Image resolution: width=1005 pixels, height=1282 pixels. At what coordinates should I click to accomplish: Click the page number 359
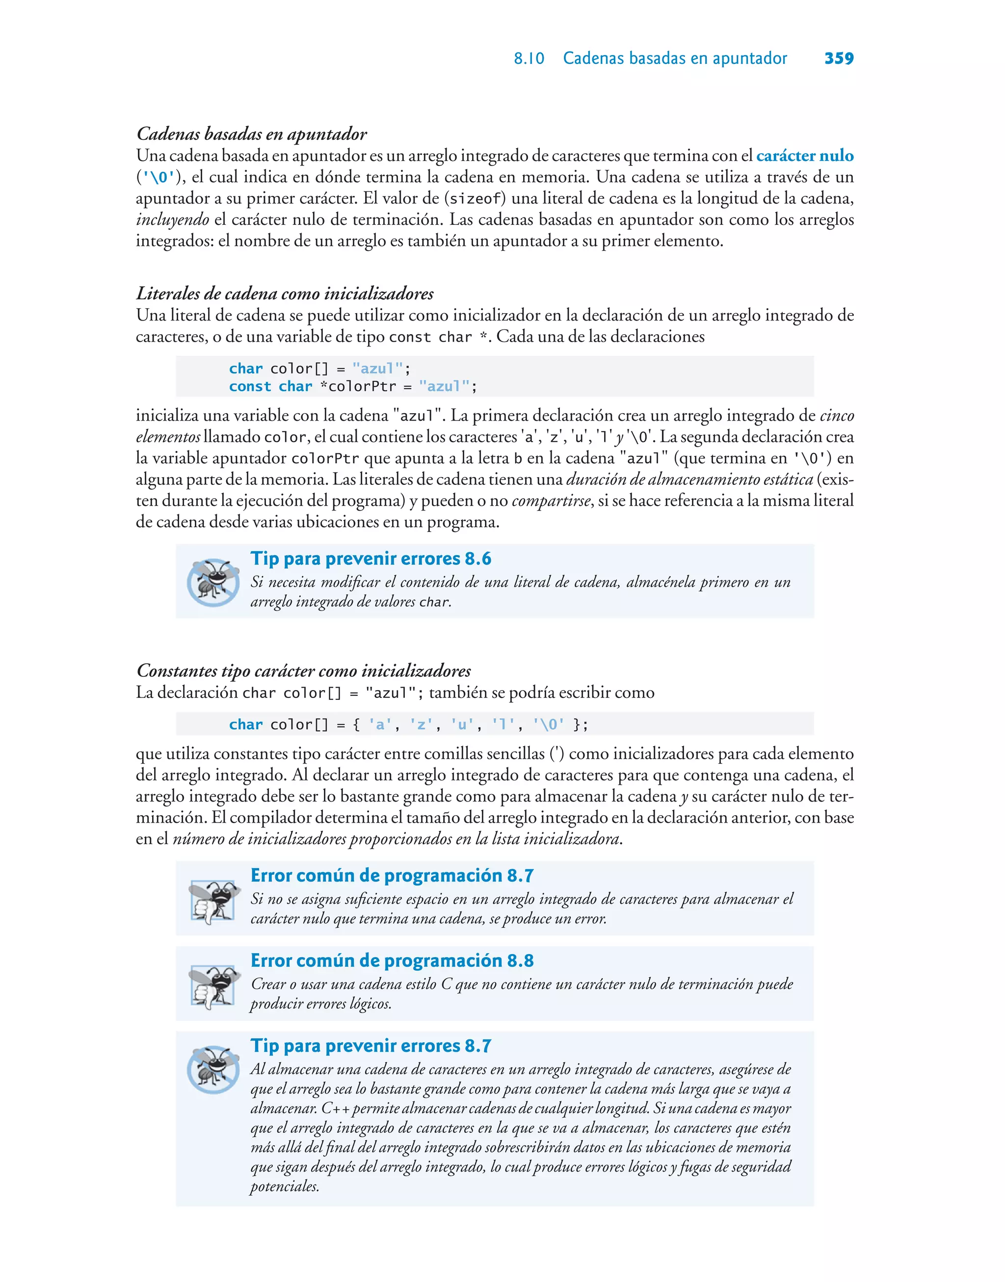[839, 58]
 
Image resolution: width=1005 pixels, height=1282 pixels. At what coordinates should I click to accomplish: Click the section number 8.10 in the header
[529, 59]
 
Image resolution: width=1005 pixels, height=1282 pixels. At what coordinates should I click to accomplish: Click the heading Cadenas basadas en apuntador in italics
[252, 134]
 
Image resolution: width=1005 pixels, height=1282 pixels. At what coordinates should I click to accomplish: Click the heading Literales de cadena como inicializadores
[285, 294]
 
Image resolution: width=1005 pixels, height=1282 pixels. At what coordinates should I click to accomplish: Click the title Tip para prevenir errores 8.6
[370, 559]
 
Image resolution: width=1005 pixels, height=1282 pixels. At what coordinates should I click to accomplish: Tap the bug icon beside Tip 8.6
[212, 582]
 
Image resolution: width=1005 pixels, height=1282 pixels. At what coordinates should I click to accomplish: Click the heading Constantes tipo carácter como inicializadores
[304, 671]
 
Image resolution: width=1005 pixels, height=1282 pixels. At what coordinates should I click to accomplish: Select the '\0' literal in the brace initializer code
[549, 725]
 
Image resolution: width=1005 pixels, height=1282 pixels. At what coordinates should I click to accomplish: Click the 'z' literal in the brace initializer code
[422, 725]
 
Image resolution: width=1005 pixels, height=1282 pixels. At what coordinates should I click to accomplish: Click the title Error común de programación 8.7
[392, 876]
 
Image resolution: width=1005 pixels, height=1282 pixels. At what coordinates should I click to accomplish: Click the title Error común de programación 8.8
[392, 961]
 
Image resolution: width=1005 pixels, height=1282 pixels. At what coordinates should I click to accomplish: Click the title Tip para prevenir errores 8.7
[370, 1045]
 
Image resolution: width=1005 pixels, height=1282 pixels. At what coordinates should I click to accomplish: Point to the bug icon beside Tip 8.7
[212, 1069]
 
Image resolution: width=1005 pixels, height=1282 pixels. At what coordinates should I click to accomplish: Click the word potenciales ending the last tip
[284, 1187]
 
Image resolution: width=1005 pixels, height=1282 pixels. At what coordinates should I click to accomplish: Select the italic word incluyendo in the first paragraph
[172, 220]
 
